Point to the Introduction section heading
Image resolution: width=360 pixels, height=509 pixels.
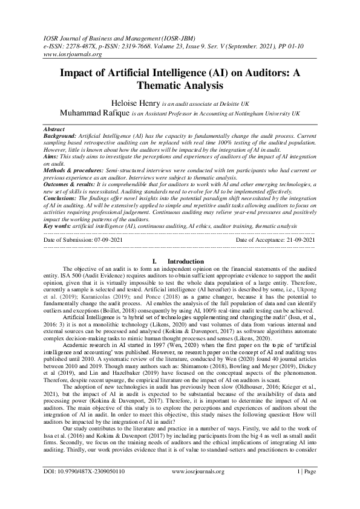click(185, 261)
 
